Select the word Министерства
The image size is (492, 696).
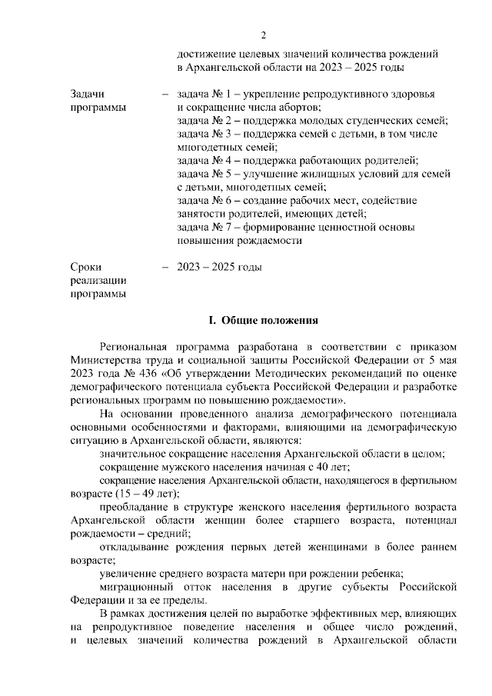[105, 361]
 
